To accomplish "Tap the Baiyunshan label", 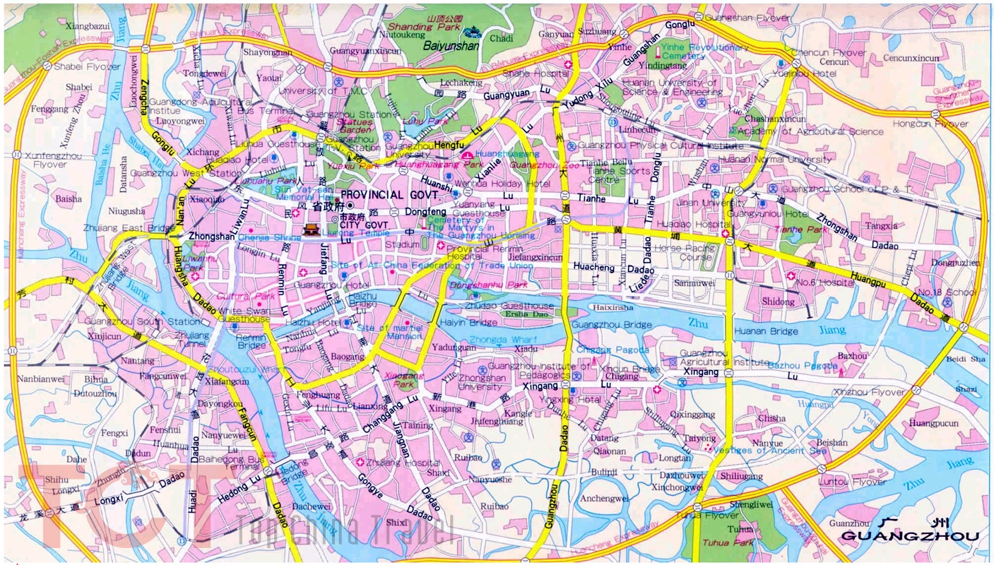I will coord(451,45).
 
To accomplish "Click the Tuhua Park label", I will coord(728,542).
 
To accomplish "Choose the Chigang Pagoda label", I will coord(612,350).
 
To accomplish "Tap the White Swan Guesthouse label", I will coord(244,315).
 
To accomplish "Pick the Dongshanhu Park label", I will coord(498,285).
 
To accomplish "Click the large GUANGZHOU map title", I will coord(910,536).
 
